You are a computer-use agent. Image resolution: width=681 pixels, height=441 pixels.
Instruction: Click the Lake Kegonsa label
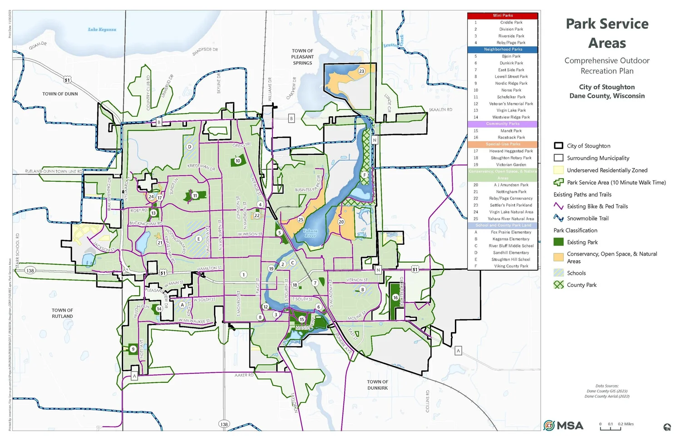tap(102, 30)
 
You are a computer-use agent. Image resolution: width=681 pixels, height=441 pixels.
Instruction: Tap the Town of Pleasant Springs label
tap(302, 57)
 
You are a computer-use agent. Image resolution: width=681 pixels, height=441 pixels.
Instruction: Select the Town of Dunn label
tap(60, 94)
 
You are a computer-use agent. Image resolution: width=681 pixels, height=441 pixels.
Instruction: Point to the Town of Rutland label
tap(62, 313)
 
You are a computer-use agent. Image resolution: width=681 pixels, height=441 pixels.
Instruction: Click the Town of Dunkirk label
tap(377, 385)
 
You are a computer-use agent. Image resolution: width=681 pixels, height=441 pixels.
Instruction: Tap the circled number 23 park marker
tap(361, 71)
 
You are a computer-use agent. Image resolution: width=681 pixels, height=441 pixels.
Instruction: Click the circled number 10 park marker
tap(237, 161)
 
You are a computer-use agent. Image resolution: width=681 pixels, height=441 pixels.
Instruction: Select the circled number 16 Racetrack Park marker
tap(395, 297)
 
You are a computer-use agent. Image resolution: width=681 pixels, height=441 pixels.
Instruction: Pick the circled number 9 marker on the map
tap(133, 349)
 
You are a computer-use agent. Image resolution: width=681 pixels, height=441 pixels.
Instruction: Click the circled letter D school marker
tap(190, 147)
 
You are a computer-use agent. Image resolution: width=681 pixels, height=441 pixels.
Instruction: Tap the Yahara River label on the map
tap(310, 233)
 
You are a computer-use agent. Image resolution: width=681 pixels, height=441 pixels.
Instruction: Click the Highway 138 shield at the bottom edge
tap(224, 424)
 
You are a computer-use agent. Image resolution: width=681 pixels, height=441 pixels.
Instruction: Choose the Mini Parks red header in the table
tap(503, 15)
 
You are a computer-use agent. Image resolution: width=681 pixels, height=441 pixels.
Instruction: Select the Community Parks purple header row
tap(503, 124)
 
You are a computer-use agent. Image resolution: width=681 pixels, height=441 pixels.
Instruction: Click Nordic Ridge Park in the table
tap(511, 84)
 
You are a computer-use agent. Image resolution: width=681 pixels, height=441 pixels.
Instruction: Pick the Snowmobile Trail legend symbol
tap(558, 218)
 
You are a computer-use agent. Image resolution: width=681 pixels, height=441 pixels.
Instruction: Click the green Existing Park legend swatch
tap(558, 242)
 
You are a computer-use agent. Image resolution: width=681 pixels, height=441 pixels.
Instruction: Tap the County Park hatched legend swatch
tap(558, 285)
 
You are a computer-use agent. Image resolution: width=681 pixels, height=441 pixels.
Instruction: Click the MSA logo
tap(563, 426)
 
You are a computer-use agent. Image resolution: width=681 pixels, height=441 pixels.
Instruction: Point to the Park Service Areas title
tap(607, 33)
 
